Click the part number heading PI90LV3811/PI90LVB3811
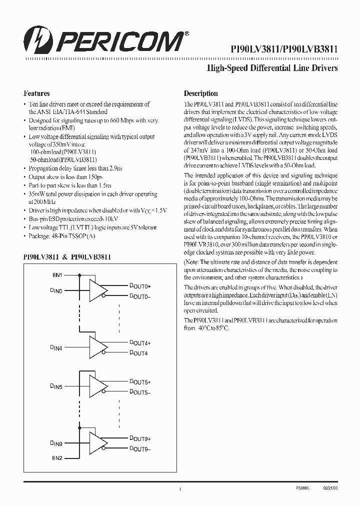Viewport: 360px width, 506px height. (284, 49)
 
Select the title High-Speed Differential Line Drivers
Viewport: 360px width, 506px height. (272, 68)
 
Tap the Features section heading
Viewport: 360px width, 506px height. (36, 93)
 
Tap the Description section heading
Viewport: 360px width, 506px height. (200, 93)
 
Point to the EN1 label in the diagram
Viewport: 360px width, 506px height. (58, 274)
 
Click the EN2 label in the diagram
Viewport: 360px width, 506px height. (58, 457)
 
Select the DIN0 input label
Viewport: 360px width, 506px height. (56, 290)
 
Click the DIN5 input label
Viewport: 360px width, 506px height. (56, 386)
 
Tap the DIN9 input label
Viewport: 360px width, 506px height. (56, 443)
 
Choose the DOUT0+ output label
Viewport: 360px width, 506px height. (140, 285)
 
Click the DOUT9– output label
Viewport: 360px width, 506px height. (140, 449)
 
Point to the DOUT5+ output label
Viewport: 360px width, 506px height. (140, 382)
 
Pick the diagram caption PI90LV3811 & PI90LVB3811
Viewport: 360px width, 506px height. (67, 256)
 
